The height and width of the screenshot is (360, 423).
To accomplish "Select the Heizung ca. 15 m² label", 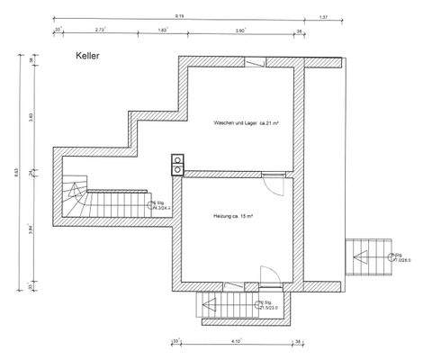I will [x=232, y=217].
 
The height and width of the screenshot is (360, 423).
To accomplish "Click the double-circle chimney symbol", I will [x=178, y=165].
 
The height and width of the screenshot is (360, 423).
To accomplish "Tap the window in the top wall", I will [x=255, y=61].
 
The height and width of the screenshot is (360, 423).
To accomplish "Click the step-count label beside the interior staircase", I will [x=164, y=205].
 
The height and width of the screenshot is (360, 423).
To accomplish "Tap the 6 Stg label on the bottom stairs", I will [x=267, y=304].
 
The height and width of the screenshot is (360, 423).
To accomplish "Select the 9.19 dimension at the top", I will [x=180, y=15].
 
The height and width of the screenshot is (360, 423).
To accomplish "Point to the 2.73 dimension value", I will [x=101, y=30].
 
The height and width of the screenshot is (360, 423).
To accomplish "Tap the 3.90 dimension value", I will [x=238, y=30].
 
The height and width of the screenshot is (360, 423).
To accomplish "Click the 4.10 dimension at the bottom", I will [x=236, y=341].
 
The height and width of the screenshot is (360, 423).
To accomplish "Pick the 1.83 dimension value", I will [x=162, y=30].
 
